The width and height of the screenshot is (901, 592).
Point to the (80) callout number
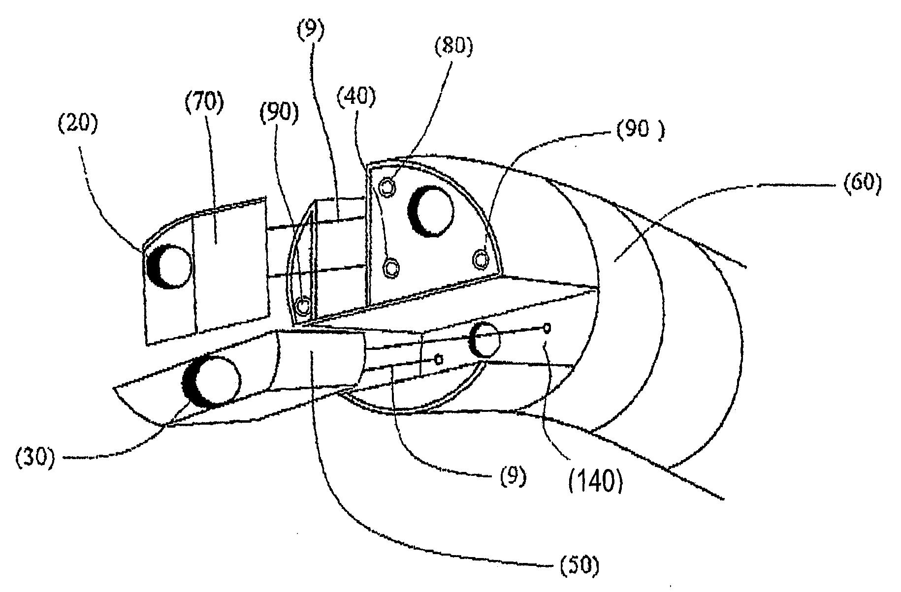coord(452,47)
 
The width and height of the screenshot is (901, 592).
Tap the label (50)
coord(580,566)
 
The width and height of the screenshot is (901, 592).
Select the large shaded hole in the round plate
coord(430,212)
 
